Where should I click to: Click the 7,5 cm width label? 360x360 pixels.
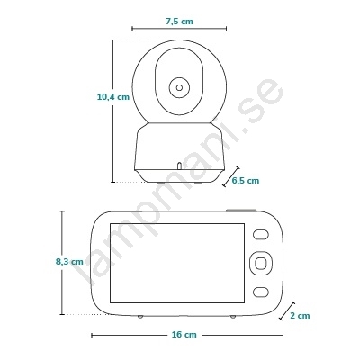(179, 22)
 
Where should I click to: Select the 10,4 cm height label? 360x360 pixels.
(113, 97)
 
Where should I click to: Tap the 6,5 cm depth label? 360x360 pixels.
(246, 181)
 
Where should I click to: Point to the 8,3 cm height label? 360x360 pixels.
(69, 262)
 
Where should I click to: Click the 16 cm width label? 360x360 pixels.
(184, 335)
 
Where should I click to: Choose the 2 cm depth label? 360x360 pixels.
(300, 316)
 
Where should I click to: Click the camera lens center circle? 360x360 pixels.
(179, 88)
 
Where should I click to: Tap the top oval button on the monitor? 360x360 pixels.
(260, 235)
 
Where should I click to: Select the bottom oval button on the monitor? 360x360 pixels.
(260, 292)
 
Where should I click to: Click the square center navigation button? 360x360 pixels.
(260, 263)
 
